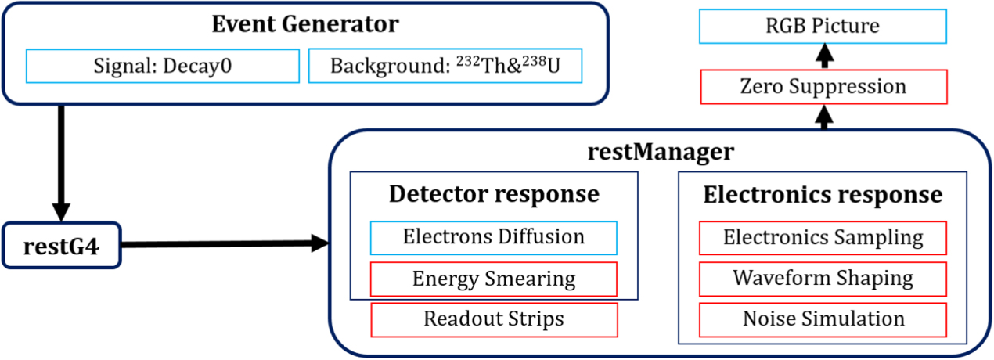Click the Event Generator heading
[304, 23]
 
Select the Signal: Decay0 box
[163, 66]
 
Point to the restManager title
[661, 151]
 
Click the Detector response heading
[494, 193]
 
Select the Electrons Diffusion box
[494, 237]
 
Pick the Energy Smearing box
[494, 279]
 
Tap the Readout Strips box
[494, 319]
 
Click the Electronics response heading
[823, 193]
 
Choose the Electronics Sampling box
[823, 237]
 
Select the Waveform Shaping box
[823, 279]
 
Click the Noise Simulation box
[823, 319]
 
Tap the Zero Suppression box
[823, 86]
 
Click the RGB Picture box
[823, 26]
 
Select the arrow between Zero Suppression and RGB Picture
[823, 56]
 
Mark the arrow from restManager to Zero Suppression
[823, 117]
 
